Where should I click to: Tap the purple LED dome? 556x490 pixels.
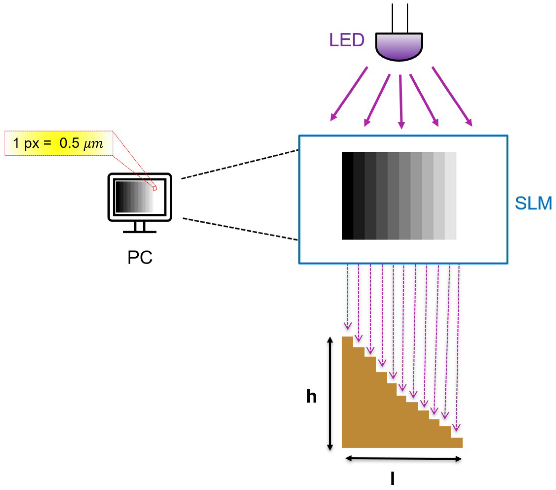(399, 46)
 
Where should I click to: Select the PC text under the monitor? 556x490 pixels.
(140, 257)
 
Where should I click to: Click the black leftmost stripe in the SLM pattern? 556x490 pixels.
(347, 196)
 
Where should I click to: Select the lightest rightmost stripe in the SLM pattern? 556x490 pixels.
(450, 196)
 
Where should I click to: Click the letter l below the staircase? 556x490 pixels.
(392, 478)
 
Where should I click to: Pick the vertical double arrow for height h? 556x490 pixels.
(330, 394)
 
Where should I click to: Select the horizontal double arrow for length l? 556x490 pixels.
(403, 459)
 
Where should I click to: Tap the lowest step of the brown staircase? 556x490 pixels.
(456, 442)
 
